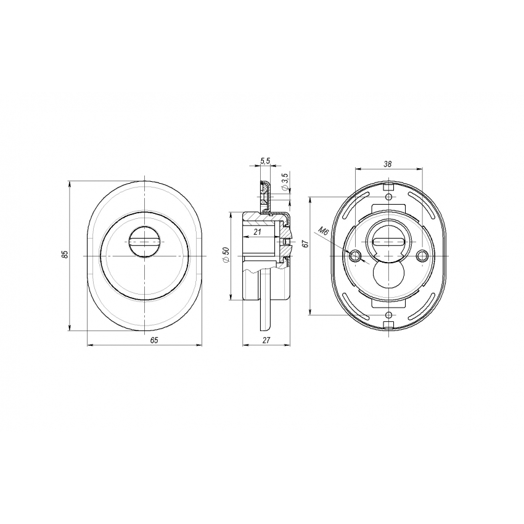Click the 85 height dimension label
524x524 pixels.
(65, 255)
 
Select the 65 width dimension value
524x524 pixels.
(154, 340)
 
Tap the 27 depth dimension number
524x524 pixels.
(266, 340)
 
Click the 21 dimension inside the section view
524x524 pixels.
(257, 231)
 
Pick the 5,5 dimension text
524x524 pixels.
(265, 161)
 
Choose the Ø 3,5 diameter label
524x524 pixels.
(285, 181)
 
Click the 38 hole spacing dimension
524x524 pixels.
(388, 164)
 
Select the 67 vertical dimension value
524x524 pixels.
(304, 244)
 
